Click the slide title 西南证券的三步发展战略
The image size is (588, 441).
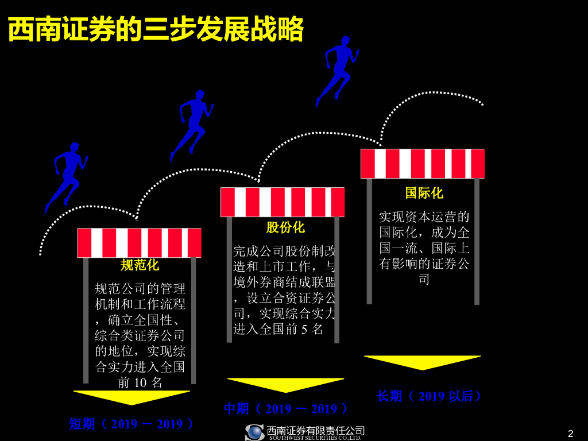coord(156,30)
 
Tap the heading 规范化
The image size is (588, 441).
coord(140,265)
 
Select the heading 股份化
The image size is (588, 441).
coord(285,227)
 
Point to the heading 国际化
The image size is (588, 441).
coord(424,193)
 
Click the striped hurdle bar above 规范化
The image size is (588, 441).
coord(139,242)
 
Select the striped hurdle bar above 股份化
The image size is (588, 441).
coord(283,202)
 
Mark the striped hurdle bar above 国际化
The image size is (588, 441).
coord(423,164)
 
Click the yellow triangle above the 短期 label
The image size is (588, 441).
coord(131,397)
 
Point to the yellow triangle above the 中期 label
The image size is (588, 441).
coord(285,384)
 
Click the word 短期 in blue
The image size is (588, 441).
coord(82,424)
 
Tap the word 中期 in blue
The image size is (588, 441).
coord(236,409)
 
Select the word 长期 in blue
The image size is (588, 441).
coord(389,396)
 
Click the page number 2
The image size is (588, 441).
coord(570,434)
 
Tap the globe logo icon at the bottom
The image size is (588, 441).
coord(254,432)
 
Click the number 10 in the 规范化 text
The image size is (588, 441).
coord(141,382)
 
